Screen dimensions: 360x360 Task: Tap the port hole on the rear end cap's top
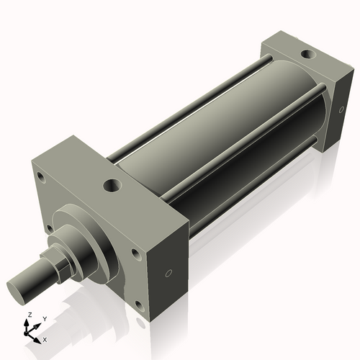[308, 54]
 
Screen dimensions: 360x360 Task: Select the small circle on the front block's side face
[169, 273]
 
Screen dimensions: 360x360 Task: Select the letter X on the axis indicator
[45, 338]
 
